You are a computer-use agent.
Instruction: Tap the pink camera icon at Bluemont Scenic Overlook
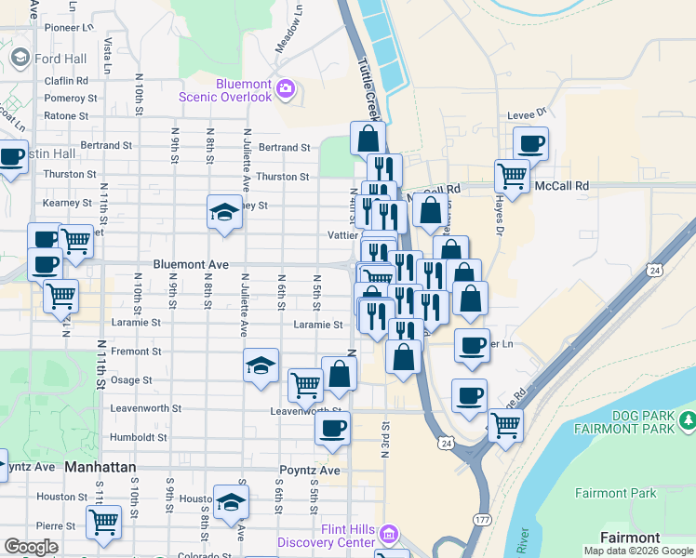point(285,90)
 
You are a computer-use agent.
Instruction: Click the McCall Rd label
point(562,186)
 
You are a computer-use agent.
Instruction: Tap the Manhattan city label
point(100,467)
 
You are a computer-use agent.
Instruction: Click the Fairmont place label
point(630,538)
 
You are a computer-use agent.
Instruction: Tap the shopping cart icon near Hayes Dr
point(512,174)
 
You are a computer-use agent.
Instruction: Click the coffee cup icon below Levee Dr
point(531,143)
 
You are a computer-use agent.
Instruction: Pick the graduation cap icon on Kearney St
point(224,213)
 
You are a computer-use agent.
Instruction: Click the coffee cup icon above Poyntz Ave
point(332,427)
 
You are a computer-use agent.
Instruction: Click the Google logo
point(32,547)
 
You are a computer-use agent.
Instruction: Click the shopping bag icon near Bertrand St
point(368,138)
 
